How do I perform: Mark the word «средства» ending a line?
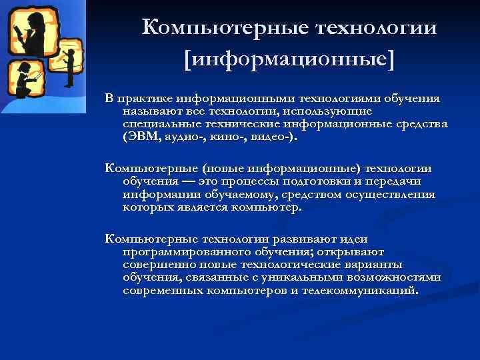(x=421, y=125)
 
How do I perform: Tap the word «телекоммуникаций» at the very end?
(x=360, y=292)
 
